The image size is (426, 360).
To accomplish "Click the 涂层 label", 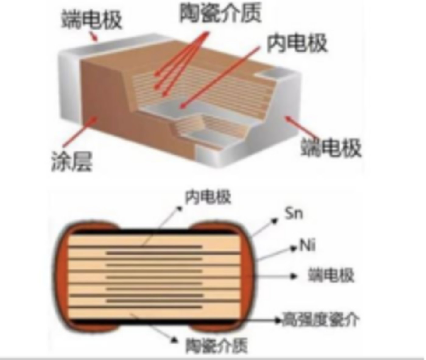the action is pyautogui.click(x=72, y=161).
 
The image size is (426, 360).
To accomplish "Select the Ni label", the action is pyautogui.click(x=307, y=245).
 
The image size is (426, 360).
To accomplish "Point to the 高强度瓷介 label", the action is pyautogui.click(x=320, y=320).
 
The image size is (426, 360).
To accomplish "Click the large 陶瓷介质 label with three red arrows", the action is pyautogui.click(x=220, y=13).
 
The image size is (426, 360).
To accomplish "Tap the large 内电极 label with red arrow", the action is pyautogui.click(x=297, y=43).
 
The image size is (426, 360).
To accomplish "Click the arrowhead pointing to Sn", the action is pyautogui.click(x=275, y=221).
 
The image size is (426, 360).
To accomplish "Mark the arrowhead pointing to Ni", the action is pyautogui.click(x=294, y=248).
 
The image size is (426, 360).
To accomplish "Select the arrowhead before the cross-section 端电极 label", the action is pyautogui.click(x=294, y=276).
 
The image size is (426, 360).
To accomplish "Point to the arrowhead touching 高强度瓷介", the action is pyautogui.click(x=278, y=320).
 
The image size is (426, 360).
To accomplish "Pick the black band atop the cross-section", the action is pyautogui.click(x=155, y=232).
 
